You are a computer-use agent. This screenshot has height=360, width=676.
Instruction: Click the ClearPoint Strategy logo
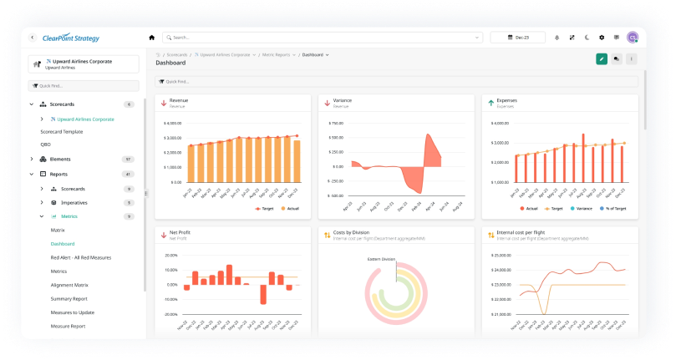(x=70, y=38)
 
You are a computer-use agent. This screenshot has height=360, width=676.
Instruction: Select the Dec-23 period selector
(x=517, y=38)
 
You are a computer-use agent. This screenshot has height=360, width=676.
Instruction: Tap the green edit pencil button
(x=601, y=58)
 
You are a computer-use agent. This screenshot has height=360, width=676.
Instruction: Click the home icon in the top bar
(x=151, y=38)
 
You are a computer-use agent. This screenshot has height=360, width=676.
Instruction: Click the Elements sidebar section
(x=60, y=159)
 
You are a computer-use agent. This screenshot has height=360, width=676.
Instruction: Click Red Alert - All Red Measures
(x=81, y=257)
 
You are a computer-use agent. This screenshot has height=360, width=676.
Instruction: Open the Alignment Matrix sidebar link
(x=69, y=285)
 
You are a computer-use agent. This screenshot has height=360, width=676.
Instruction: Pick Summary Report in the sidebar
(x=69, y=298)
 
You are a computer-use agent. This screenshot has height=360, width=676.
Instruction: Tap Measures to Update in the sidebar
(x=72, y=312)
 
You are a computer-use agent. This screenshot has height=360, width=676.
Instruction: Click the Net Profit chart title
(x=180, y=234)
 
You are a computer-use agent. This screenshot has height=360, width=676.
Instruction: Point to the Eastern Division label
(x=382, y=259)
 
